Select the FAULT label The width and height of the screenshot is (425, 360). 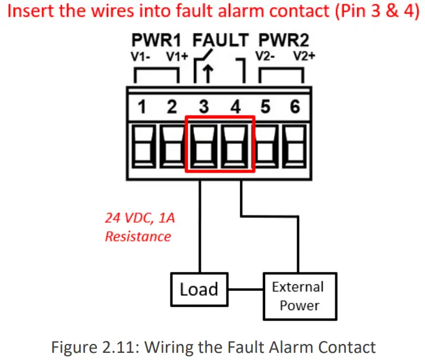tap(221, 40)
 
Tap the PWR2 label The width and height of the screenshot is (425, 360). tap(283, 40)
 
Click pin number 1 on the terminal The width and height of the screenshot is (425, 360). tap(142, 107)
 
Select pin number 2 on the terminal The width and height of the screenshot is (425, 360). tap(172, 107)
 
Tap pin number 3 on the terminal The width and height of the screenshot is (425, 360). tap(204, 107)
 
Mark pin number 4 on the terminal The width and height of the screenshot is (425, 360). tap(235, 107)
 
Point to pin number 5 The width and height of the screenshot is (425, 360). tap(265, 107)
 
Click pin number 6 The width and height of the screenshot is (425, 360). tap(295, 107)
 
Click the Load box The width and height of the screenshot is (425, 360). tap(199, 289)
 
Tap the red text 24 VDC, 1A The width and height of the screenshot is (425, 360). tap(140, 218)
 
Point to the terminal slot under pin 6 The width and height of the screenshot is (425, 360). tap(295, 146)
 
